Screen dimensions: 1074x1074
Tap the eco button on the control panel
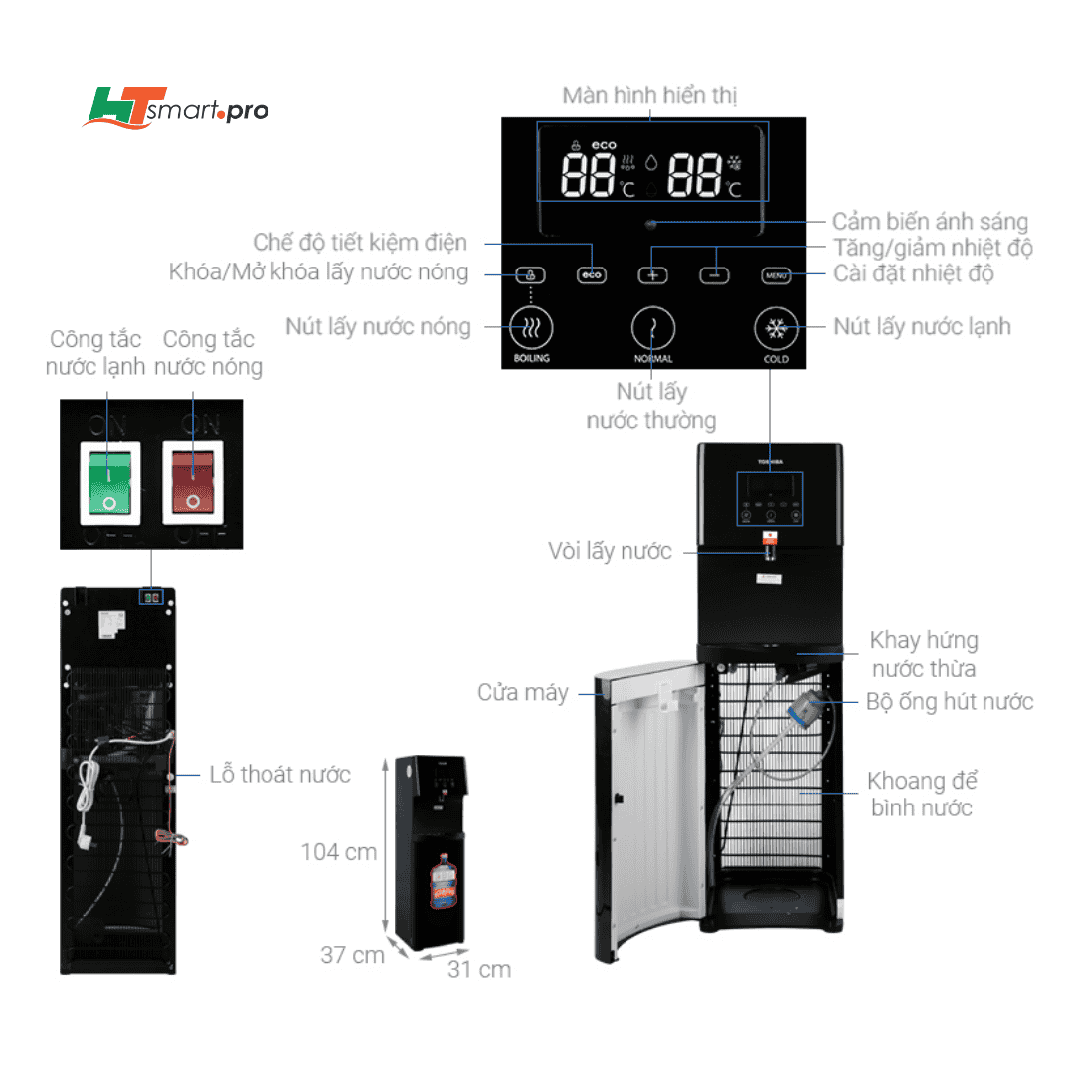[x=592, y=275]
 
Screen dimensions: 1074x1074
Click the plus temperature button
[x=653, y=275]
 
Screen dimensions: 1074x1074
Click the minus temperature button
[x=714, y=275]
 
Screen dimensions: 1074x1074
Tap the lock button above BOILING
[x=531, y=275]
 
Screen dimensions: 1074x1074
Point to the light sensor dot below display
[x=650, y=224]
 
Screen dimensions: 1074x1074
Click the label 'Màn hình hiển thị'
[x=650, y=95]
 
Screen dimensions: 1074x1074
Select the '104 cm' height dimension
[x=340, y=852]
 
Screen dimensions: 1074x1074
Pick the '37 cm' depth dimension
[x=352, y=955]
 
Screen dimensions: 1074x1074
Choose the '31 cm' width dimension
[x=479, y=969]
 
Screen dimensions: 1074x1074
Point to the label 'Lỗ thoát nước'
[x=280, y=775]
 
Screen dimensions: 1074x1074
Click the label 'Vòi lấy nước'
[x=610, y=551]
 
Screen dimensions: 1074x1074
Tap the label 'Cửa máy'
[x=523, y=692]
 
